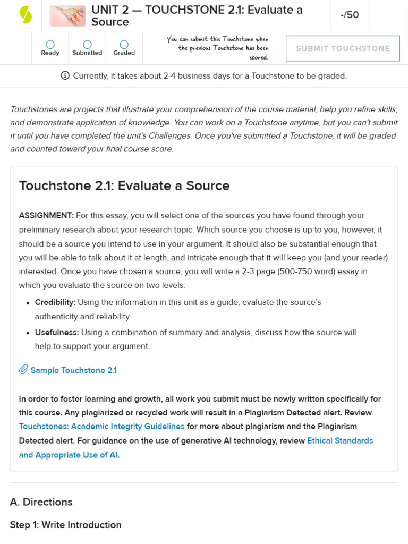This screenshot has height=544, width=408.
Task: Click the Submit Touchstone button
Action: (343, 48)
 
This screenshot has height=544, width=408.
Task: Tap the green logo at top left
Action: (25, 15)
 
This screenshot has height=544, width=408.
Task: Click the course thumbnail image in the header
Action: (67, 16)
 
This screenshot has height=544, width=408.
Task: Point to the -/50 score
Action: (350, 15)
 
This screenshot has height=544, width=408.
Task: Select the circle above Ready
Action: (50, 45)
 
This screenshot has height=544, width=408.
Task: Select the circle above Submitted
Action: (87, 45)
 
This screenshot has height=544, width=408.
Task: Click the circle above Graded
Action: (124, 45)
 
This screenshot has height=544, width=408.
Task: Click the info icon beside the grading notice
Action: (65, 75)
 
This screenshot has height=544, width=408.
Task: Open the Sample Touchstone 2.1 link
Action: (73, 370)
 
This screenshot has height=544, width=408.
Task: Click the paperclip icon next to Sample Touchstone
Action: (23, 370)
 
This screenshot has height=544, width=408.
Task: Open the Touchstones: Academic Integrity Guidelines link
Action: (102, 427)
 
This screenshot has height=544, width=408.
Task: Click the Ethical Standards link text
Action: (340, 440)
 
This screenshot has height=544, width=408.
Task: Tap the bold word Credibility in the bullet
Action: (55, 302)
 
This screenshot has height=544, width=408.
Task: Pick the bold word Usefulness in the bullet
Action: (57, 333)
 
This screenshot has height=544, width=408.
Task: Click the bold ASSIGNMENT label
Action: (46, 216)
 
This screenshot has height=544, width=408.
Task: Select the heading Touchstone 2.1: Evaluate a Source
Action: (124, 186)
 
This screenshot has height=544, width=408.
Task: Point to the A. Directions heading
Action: (41, 502)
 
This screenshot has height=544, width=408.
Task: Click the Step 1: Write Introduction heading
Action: (66, 525)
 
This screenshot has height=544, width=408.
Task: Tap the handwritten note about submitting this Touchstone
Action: (218, 48)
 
